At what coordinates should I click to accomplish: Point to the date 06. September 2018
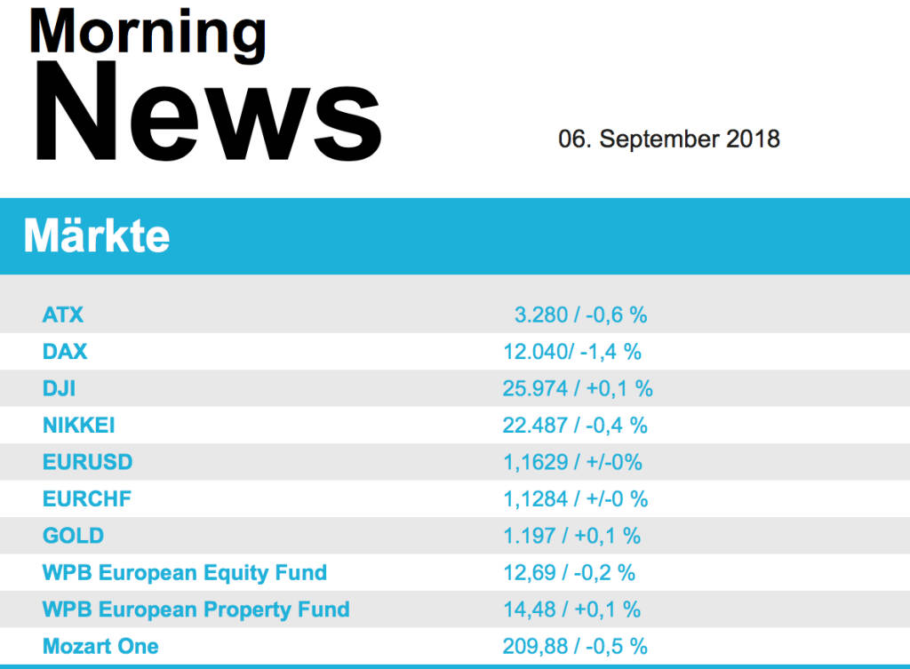tap(668, 139)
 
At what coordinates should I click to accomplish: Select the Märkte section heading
tap(97, 236)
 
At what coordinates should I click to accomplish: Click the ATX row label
tap(63, 315)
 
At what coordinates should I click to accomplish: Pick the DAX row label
tap(65, 352)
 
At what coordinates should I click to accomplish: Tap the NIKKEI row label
tap(78, 426)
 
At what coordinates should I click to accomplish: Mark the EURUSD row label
tap(87, 462)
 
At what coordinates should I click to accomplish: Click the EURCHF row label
tap(86, 499)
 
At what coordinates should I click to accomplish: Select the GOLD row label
tap(73, 536)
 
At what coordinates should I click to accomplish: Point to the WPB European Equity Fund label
tap(185, 573)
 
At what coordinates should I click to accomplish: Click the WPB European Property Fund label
tap(196, 610)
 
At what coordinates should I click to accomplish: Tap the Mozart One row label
tap(100, 647)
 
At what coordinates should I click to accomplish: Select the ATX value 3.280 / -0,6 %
tap(580, 315)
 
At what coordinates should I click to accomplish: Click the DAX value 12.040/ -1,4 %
tap(572, 352)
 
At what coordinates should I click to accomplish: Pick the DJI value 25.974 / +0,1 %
tap(578, 388)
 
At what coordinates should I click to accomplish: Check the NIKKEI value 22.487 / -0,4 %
tap(575, 426)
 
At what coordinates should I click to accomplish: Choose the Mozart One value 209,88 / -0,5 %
tap(575, 647)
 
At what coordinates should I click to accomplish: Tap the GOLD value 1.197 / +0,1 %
tap(572, 536)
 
